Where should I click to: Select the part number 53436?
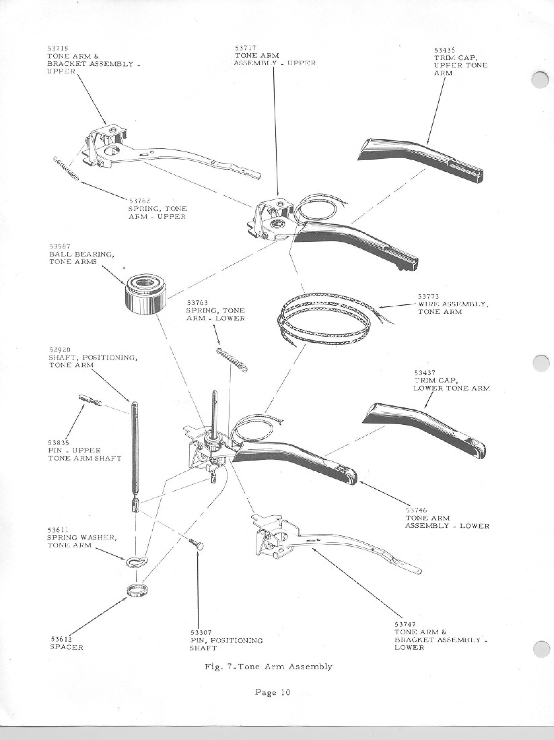tap(444, 50)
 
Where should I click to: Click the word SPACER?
tap(67, 647)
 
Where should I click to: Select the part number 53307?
tap(201, 633)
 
